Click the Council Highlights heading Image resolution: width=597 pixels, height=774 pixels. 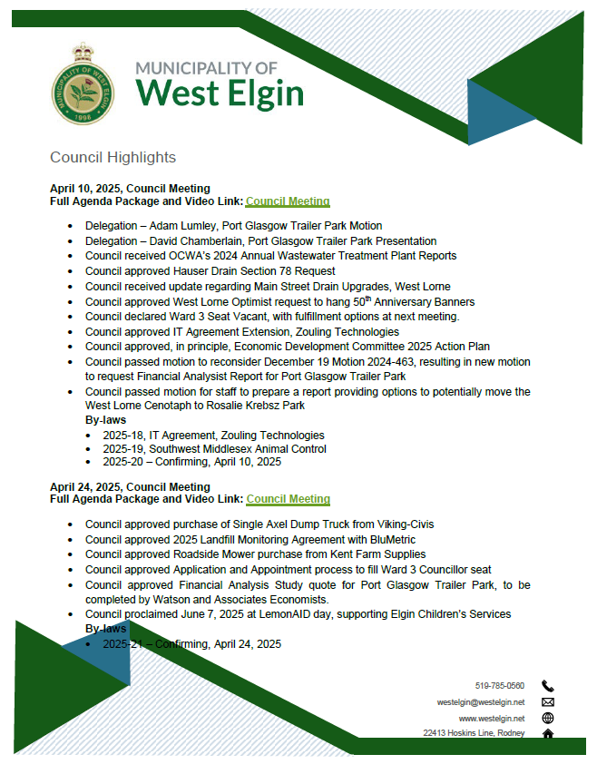tap(113, 158)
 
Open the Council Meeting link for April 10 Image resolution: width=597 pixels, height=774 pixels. tap(288, 201)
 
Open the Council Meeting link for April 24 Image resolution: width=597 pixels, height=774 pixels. tap(288, 499)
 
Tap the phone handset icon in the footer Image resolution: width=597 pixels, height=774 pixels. tap(547, 686)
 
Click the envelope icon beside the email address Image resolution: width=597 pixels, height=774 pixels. tap(547, 701)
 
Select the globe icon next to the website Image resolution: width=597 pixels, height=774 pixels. tap(547, 717)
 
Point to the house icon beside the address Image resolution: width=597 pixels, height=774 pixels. tap(547, 732)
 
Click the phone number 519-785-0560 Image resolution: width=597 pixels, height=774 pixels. tap(500, 686)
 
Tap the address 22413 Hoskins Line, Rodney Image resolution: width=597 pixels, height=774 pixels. tap(474, 732)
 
